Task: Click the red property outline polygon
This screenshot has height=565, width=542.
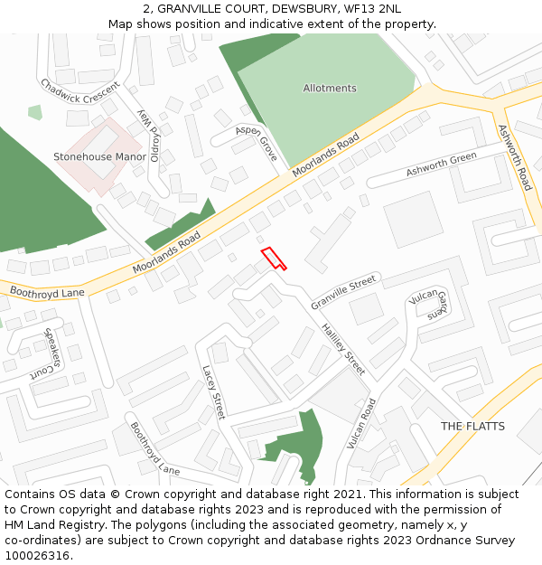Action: pos(273,259)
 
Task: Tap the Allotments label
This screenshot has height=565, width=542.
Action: pos(330,89)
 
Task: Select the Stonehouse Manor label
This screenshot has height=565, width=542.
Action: pos(99,156)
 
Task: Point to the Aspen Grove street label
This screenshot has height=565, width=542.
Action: pos(257,143)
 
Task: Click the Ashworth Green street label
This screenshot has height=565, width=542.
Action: pos(441,165)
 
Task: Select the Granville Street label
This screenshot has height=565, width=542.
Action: pos(343,291)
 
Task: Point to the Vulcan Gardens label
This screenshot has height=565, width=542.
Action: pos(431,305)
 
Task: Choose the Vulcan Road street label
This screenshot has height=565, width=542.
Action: pos(361,423)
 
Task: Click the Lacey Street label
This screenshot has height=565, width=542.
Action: pos(212,392)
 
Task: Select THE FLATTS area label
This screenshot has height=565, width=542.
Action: pos(472,426)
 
